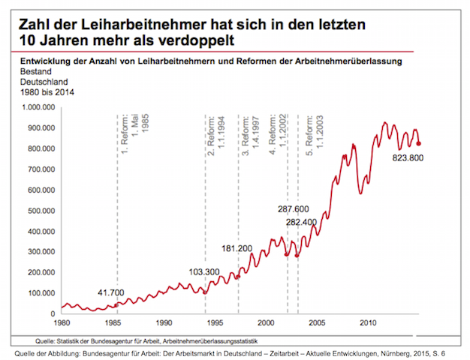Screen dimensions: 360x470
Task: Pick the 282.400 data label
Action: [303, 222]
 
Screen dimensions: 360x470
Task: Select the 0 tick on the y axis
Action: [55, 313]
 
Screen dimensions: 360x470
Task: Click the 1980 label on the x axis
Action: [62, 323]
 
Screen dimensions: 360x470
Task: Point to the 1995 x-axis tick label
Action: [215, 323]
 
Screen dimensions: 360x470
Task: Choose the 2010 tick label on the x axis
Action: [369, 323]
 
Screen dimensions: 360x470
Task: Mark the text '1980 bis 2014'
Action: [34, 94]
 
